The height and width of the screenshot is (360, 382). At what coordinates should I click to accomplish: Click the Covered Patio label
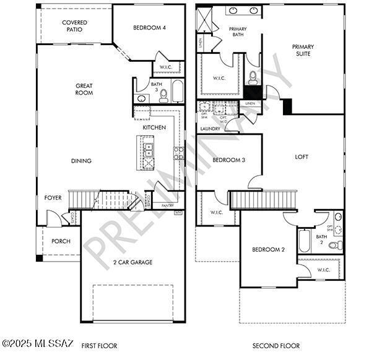coord(74,26)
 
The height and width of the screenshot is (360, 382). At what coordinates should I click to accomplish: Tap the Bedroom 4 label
coord(149,28)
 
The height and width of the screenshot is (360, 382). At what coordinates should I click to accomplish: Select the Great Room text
coord(84,89)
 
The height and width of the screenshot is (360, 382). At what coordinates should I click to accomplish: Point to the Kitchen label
coord(154,127)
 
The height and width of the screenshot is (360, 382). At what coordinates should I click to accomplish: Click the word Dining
coord(81,161)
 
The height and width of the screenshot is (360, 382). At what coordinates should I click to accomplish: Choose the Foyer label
coord(53,198)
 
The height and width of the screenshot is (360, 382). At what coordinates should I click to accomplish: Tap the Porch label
coord(61,241)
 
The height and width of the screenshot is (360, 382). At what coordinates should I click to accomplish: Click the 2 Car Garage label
coord(132,262)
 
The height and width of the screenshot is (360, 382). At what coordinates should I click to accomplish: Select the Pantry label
coord(167,205)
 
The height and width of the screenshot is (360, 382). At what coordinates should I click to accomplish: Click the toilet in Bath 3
coord(163,96)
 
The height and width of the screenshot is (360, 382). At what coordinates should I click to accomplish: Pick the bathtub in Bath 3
coord(177,91)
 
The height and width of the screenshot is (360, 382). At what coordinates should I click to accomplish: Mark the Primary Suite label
coord(303,50)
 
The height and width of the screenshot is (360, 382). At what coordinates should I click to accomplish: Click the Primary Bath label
coord(238,33)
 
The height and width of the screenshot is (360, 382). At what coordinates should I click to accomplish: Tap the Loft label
coord(302,157)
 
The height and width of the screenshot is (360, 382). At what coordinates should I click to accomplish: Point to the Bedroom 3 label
coord(228,160)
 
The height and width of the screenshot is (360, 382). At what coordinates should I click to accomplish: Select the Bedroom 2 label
coord(268,250)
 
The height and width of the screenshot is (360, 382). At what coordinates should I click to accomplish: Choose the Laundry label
coord(210,129)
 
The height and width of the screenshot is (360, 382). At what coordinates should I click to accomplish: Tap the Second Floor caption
coord(276,346)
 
